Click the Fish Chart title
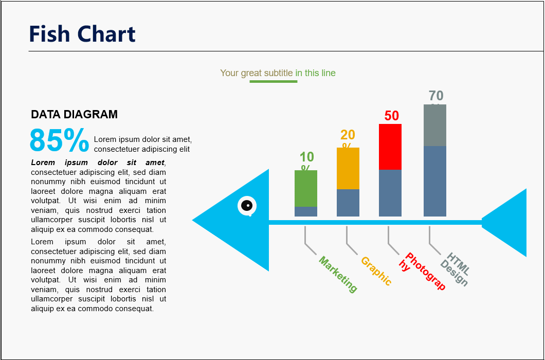point(82,34)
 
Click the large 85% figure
point(59,140)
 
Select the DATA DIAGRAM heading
point(74,114)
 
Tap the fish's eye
point(247,206)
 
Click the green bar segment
point(306,188)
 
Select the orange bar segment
point(348,168)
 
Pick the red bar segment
point(390,147)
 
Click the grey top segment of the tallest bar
point(435,125)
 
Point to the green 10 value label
point(306,157)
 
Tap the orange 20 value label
point(348,135)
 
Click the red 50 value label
point(392,116)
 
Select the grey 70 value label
point(436,96)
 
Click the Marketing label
point(338,275)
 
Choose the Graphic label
point(376,271)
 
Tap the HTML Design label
point(455,269)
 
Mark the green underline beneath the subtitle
point(273,81)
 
